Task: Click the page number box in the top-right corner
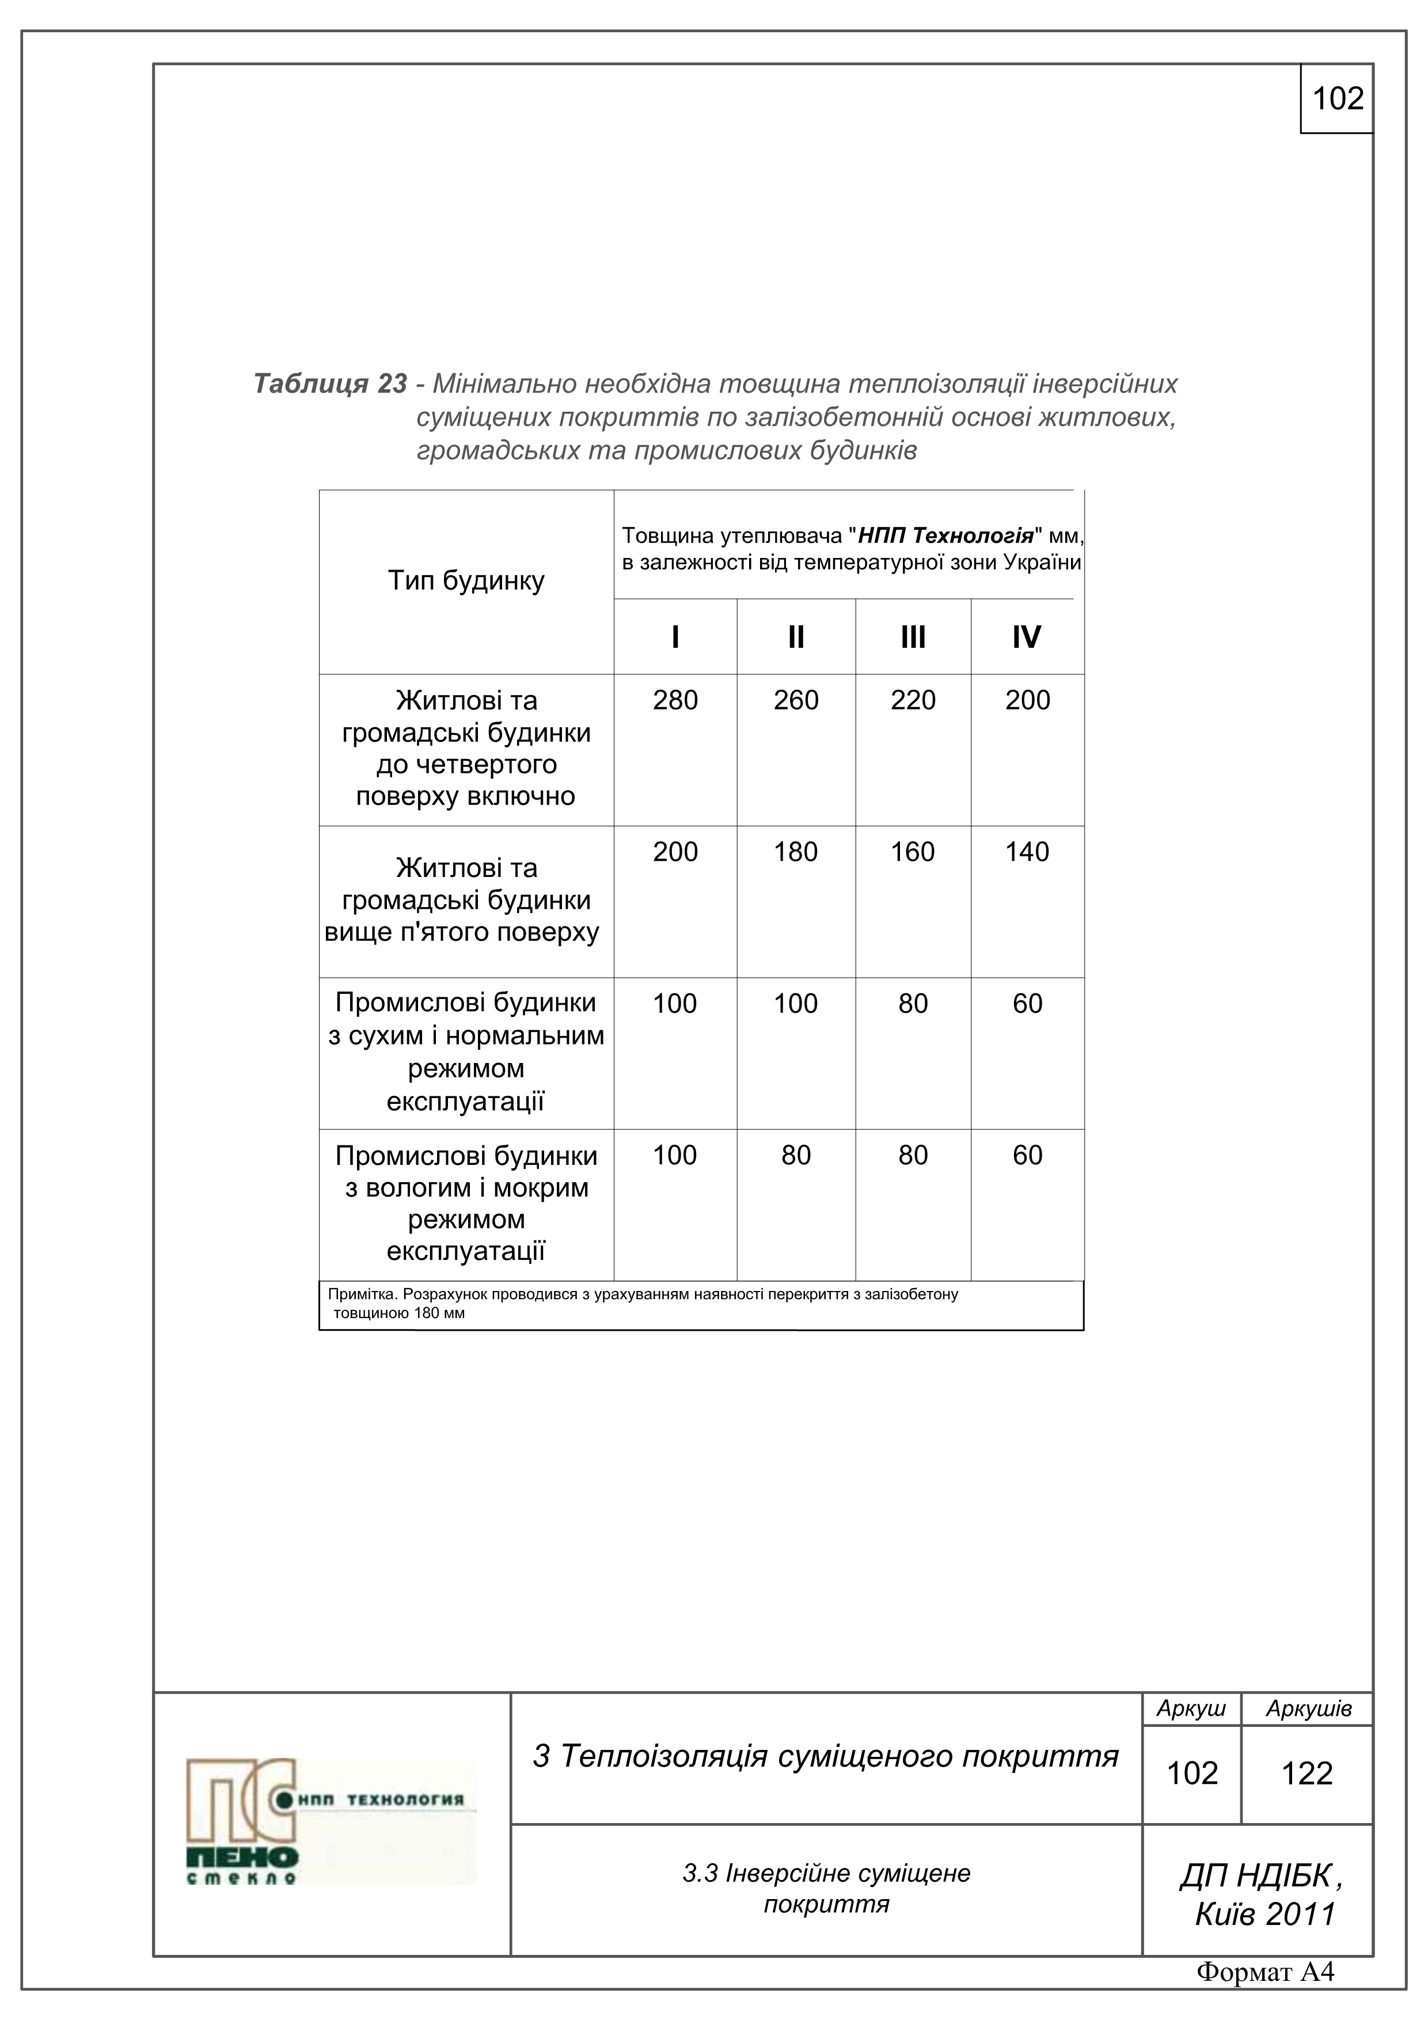(1336, 98)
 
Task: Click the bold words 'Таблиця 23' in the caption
(330, 384)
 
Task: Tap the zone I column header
(675, 637)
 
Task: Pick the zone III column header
(913, 637)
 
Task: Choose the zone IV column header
(1026, 637)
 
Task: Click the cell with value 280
(675, 700)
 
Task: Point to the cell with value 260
(795, 700)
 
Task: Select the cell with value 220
(913, 700)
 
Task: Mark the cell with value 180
(795, 852)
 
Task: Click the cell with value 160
(913, 852)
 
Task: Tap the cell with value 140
(1027, 852)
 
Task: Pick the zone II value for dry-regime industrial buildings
(795, 1004)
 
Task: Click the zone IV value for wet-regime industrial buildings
(1027, 1155)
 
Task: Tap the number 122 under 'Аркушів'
(1307, 1773)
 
